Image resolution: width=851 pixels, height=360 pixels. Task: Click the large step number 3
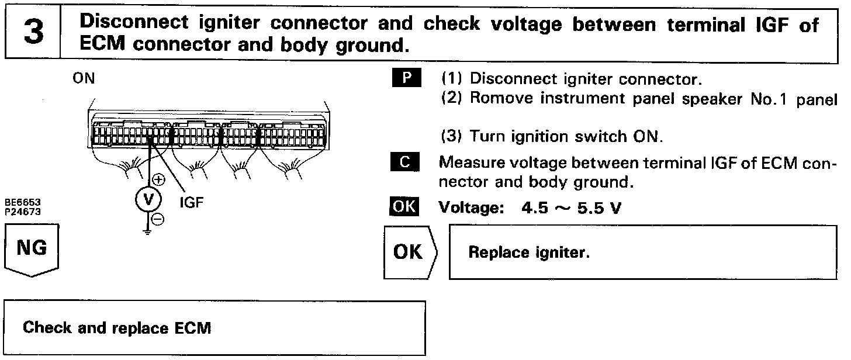click(x=33, y=33)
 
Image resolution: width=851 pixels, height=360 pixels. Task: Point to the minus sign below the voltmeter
click(x=157, y=219)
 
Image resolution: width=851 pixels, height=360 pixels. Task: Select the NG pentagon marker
click(x=32, y=250)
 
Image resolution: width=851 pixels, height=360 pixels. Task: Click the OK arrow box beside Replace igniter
click(x=409, y=251)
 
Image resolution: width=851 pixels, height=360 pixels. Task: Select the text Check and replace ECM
click(x=116, y=328)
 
